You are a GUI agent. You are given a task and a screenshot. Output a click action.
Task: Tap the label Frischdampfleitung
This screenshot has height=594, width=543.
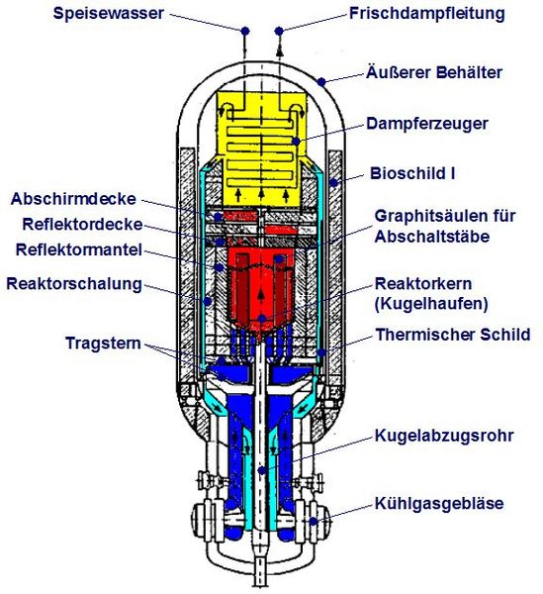(x=427, y=14)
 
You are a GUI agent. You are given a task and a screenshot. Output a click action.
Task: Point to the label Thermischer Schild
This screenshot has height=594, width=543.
(x=452, y=335)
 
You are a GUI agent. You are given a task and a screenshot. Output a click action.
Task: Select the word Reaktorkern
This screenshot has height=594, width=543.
(x=418, y=283)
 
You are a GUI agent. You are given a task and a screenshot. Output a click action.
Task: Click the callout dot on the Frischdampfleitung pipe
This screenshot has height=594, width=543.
(x=279, y=30)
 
